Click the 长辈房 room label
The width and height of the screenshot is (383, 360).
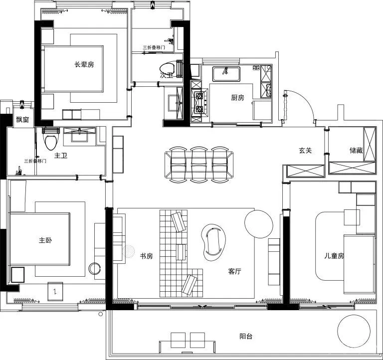[84, 64]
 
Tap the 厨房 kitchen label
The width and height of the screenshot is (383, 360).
[237, 98]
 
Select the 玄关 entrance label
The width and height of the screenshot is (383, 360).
[305, 151]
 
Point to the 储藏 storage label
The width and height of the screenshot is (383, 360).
[356, 151]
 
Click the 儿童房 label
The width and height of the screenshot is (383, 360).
[334, 256]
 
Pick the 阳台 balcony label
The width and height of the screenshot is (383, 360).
[246, 336]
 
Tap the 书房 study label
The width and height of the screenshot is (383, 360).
[146, 256]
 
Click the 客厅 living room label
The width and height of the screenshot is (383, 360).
[234, 271]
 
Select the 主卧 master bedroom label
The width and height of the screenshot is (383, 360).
[45, 240]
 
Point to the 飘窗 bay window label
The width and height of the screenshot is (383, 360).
[22, 120]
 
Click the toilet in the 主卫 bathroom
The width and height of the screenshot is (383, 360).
[51, 140]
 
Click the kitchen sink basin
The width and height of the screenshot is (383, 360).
[226, 74]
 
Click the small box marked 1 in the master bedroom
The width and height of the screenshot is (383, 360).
[55, 292]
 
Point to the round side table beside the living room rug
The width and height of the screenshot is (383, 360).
[259, 224]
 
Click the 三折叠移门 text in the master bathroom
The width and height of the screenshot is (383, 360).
[35, 161]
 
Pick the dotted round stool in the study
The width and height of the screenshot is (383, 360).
[129, 251]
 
